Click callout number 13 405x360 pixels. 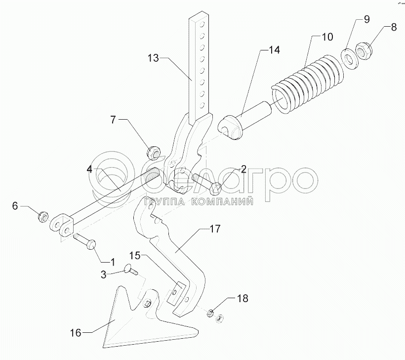pos(153,58)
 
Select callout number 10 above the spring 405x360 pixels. pos(327,37)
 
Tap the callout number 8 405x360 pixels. pos(394,27)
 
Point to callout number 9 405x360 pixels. pos(366,20)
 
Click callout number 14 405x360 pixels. pos(274,49)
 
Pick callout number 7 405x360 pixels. pos(113,120)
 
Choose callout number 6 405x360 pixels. pos(15,206)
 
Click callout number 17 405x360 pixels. pos(215,229)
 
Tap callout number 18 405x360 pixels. pos(242,298)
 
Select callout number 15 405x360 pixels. pos(135,255)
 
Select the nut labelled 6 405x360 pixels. pos(43,217)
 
